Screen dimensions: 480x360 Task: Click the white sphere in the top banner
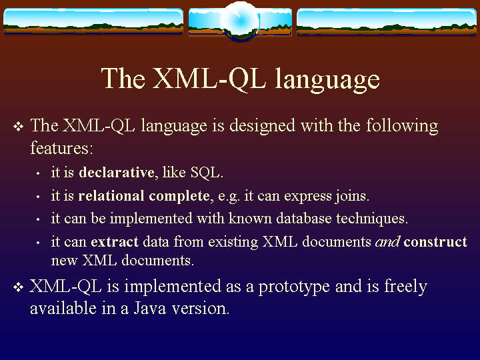point(240,21)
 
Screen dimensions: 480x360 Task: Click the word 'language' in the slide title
point(327,79)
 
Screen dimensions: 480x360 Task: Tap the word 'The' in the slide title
point(123,78)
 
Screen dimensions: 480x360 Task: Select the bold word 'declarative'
point(117,173)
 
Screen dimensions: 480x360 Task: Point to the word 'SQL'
point(205,173)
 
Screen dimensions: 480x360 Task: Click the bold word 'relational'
point(111,195)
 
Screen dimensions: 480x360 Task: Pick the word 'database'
point(304,218)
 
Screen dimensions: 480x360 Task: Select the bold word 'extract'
point(115,242)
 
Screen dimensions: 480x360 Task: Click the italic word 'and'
point(387,241)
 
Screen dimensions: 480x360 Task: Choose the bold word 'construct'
point(435,242)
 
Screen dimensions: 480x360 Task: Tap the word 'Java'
point(150,308)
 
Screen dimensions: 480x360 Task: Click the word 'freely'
point(405,287)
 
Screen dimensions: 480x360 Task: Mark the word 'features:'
point(61,148)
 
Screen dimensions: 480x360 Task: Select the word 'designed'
point(263,127)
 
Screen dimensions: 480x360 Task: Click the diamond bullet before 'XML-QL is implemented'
point(19,287)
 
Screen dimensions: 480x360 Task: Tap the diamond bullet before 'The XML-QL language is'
point(19,127)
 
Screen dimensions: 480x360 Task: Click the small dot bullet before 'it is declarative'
point(38,173)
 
